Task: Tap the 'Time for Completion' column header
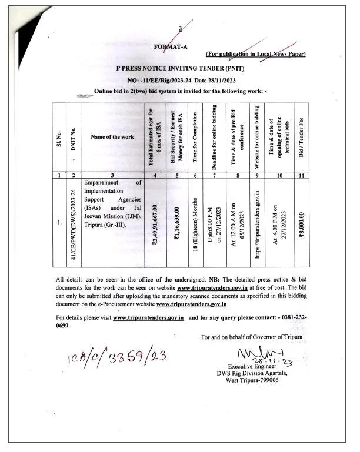point(195,136)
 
